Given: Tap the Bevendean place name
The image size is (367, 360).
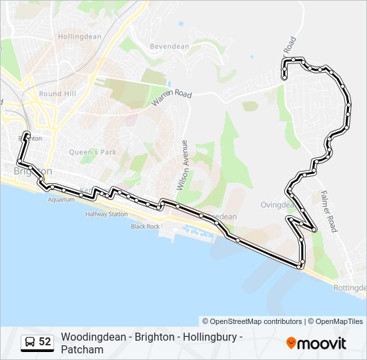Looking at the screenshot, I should tap(170, 47).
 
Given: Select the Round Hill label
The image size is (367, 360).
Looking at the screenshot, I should tap(60, 95).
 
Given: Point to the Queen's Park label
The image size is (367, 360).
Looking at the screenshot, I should tap(93, 152).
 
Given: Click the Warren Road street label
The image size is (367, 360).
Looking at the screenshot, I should tap(171, 97).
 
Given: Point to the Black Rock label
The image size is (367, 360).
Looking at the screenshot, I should tap(145, 227).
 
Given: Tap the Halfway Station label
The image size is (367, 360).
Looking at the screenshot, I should tap(106, 215).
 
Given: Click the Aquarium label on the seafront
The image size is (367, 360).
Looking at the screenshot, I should tap(61, 199).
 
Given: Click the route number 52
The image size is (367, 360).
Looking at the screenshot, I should tap(45, 342).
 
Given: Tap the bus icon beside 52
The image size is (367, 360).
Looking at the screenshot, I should tap(30, 342).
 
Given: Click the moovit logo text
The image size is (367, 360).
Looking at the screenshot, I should tap(322, 343).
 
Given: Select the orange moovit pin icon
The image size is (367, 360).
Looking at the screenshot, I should tap(291, 343).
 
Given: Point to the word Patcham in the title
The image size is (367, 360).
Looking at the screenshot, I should tap(82, 349).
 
